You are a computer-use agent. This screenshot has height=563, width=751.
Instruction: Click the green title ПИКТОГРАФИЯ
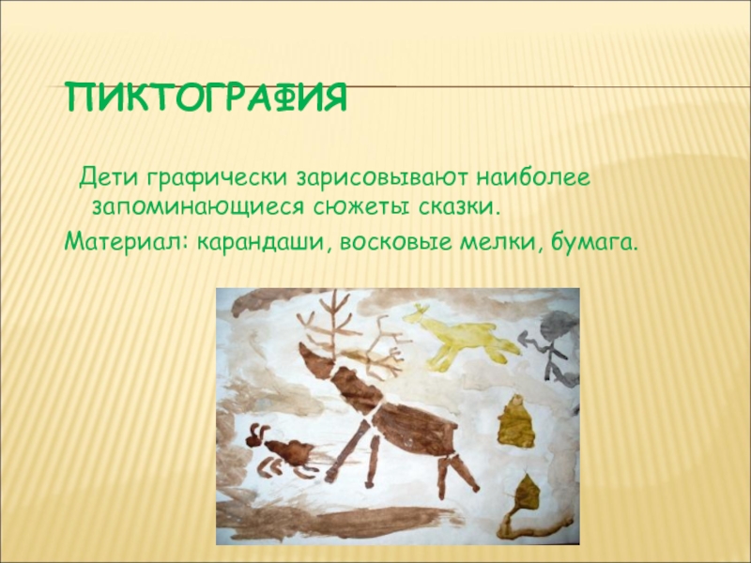click(207, 98)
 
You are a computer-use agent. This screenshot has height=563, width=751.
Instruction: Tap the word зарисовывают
click(382, 179)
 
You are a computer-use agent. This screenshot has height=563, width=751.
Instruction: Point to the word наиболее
click(533, 177)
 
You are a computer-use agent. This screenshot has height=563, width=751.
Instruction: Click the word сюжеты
click(362, 207)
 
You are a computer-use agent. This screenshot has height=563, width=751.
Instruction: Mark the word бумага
click(595, 243)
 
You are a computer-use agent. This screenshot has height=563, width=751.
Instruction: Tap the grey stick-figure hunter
click(552, 348)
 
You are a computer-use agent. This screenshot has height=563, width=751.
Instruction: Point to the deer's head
click(316, 359)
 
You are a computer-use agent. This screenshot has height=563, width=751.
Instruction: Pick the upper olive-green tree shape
click(516, 421)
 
